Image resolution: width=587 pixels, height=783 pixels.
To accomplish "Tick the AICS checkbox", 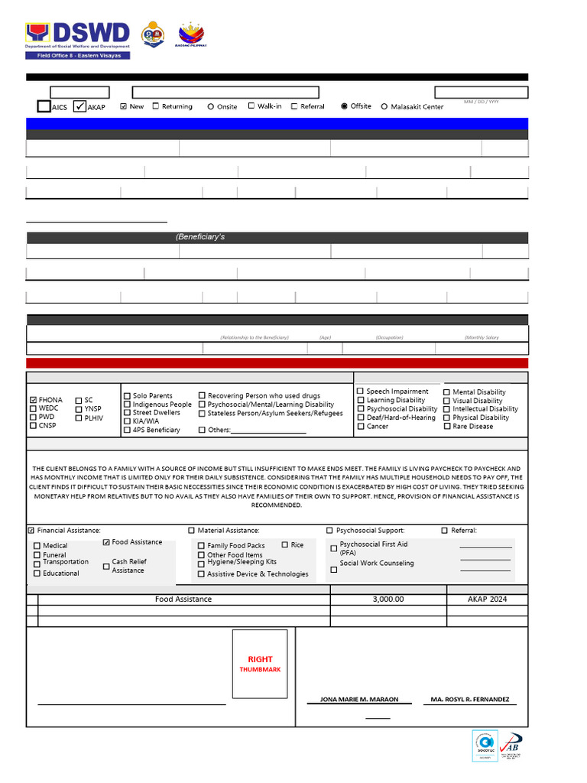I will point(44,106).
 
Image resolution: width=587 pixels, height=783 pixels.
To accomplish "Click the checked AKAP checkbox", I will point(80,106).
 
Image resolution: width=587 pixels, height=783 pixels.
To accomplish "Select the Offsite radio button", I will point(344,106).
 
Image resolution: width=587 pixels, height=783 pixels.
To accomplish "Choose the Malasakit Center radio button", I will point(384,107).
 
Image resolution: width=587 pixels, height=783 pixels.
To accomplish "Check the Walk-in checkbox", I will point(251,106).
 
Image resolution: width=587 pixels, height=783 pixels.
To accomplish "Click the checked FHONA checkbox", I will point(33,400).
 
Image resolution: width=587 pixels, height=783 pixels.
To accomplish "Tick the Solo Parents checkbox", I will point(127,396).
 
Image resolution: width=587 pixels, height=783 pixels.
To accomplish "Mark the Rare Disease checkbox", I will point(446,426).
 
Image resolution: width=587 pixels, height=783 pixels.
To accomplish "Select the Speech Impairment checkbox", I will point(361,391).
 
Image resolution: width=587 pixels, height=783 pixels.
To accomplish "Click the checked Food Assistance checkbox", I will point(106,542).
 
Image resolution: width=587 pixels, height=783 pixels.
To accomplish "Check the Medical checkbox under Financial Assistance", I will point(37,546).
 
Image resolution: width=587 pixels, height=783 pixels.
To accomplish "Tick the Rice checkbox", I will point(285,545).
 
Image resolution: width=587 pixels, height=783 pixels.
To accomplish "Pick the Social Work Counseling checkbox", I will point(333,569).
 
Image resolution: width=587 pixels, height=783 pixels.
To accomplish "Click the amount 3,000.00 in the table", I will point(388,599).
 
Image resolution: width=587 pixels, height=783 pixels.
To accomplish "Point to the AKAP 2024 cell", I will point(487,599).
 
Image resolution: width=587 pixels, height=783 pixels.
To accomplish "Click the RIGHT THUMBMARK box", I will point(260,664).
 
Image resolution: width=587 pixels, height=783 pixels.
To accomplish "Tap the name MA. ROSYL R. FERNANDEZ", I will point(470,700).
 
